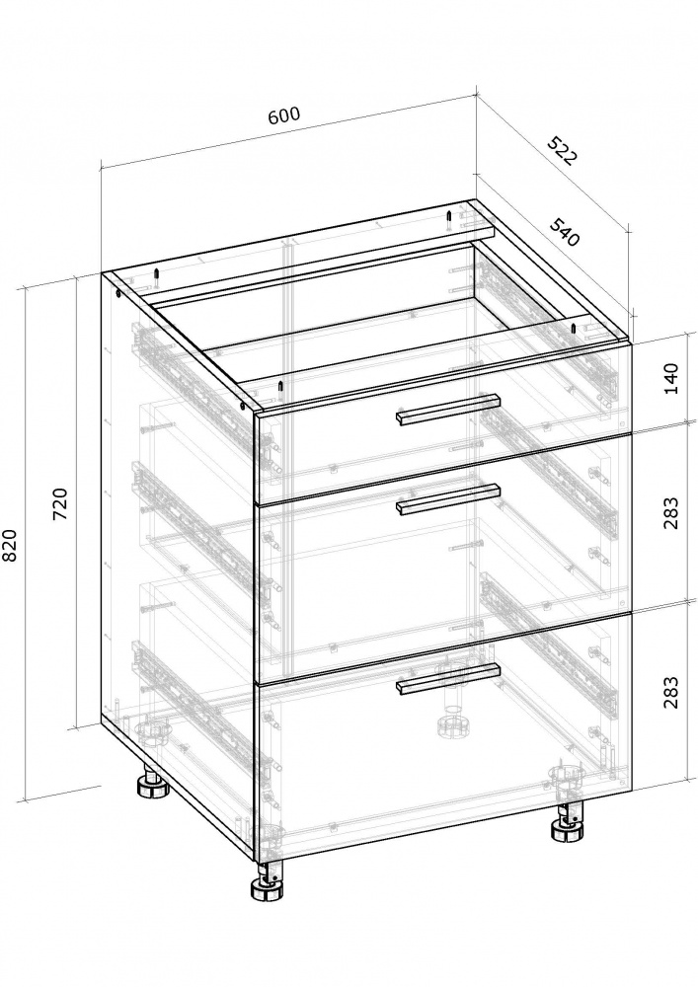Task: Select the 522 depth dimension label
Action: pyautogui.click(x=560, y=150)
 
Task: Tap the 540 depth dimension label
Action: pyautogui.click(x=564, y=232)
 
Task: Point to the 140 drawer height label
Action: pyautogui.click(x=671, y=378)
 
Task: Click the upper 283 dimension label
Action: pyautogui.click(x=671, y=513)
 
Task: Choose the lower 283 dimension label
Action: pyautogui.click(x=671, y=692)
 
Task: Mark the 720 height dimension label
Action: pyautogui.click(x=60, y=503)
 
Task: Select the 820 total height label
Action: pyautogui.click(x=11, y=545)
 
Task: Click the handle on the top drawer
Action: pyautogui.click(x=447, y=410)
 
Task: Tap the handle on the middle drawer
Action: pyautogui.click(x=447, y=499)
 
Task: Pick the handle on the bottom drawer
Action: pyautogui.click(x=447, y=679)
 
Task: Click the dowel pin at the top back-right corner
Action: pyautogui.click(x=448, y=220)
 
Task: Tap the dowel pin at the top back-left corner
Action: pyautogui.click(x=154, y=278)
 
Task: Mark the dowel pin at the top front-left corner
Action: pyautogui.click(x=280, y=388)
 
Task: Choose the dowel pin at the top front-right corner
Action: pyautogui.click(x=574, y=329)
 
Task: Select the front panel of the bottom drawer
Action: pyautogui.click(x=442, y=736)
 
